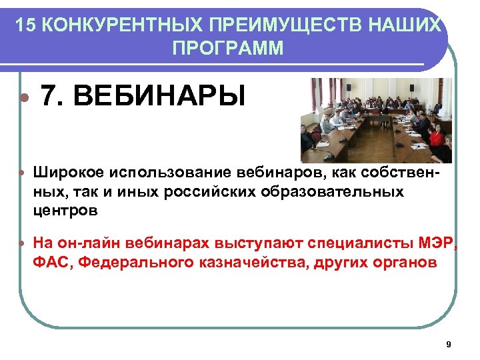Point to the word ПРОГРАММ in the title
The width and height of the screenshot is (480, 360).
(227, 49)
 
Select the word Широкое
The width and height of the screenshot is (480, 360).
(65, 173)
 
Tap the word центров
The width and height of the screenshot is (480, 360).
(65, 211)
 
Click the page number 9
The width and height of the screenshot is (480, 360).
(448, 344)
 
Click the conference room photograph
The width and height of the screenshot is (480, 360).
(376, 121)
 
